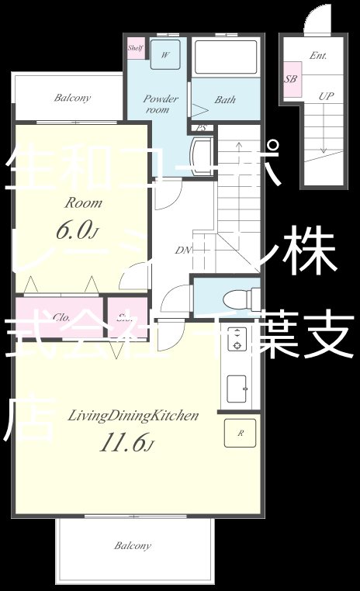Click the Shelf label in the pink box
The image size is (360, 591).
coord(134,47)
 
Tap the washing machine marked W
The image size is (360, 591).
coord(165,56)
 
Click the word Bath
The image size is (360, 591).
coord(225,100)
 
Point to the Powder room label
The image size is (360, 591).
coord(161,104)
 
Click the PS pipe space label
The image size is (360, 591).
coord(201,128)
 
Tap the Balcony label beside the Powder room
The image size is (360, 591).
coord(72,98)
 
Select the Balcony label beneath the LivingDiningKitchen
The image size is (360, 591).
coord(133,546)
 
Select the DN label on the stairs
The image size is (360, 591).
coord(184,250)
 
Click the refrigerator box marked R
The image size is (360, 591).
coord(240,433)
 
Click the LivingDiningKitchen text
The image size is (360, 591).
coord(133,416)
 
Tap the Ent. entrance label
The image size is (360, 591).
coord(317,56)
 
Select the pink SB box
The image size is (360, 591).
coord(291,79)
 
